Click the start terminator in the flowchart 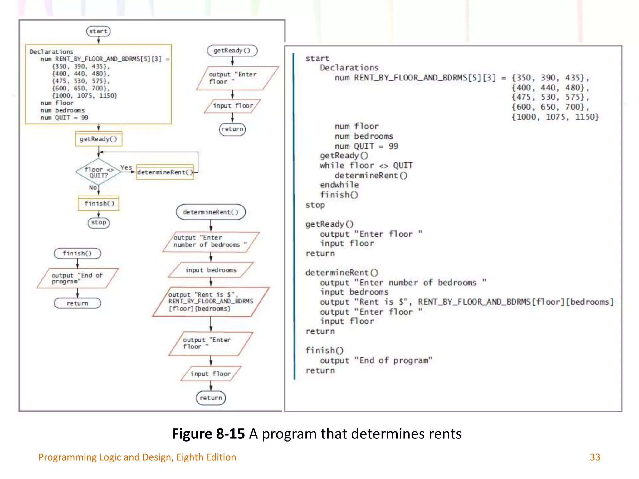pyautogui.click(x=98, y=31)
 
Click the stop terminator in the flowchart pyautogui.click(x=99, y=223)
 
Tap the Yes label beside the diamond pyautogui.click(x=126, y=167)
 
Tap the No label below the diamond pyautogui.click(x=93, y=187)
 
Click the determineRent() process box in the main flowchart pyautogui.click(x=165, y=172)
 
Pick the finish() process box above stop pyautogui.click(x=99, y=204)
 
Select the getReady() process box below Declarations pyautogui.click(x=99, y=139)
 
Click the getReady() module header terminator pyautogui.click(x=232, y=51)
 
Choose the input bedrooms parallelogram pyautogui.click(x=211, y=270)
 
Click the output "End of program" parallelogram pyautogui.click(x=77, y=278)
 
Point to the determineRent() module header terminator pyautogui.click(x=211, y=212)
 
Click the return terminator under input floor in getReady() pyautogui.click(x=232, y=129)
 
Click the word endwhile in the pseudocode pyautogui.click(x=339, y=185)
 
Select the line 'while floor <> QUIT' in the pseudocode pyautogui.click(x=366, y=166)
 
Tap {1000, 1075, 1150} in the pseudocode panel pyautogui.click(x=555, y=117)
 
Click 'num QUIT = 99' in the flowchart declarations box pyautogui.click(x=64, y=118)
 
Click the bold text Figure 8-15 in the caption pyautogui.click(x=208, y=434)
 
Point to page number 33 pyautogui.click(x=595, y=457)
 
